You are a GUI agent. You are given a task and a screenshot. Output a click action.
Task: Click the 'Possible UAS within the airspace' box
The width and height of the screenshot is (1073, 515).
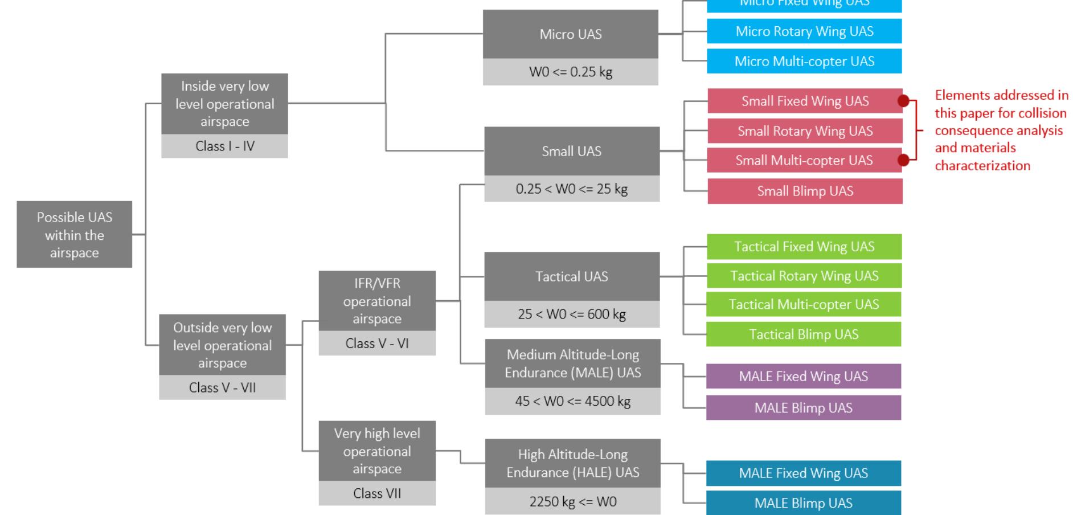pos(74,234)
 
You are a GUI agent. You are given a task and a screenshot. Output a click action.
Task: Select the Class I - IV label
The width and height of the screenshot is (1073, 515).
pos(224,146)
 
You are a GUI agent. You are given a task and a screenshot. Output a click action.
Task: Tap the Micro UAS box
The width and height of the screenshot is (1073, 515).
pos(570,34)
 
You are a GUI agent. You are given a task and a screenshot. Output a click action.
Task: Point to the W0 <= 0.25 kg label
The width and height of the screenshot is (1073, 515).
pos(570,72)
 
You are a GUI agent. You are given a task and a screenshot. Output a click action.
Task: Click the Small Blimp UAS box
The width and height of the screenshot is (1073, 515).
pos(805,191)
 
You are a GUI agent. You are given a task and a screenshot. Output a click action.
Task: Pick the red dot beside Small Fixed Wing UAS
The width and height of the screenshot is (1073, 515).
pos(903,101)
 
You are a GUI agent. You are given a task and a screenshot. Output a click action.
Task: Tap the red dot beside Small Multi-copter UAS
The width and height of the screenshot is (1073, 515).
pos(903,161)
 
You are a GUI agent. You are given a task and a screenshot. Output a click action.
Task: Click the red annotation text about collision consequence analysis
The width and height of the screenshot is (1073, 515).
pos(1001,130)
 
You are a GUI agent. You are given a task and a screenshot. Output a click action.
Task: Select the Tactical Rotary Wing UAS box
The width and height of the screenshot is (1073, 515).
pos(804,276)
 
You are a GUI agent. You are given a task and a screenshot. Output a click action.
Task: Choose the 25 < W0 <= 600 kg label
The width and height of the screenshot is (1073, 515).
pos(572,314)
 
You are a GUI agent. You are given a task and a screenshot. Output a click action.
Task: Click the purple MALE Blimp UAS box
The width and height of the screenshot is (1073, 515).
pos(803,408)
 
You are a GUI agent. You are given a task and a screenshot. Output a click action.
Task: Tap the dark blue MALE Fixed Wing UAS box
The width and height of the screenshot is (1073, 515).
pos(803,473)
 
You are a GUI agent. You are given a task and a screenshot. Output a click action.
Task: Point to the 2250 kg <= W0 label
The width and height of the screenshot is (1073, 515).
pos(572,502)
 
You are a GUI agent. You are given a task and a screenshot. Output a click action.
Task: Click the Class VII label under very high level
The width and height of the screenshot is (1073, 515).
pos(377,493)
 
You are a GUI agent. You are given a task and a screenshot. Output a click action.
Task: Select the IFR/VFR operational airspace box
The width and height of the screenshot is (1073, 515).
pos(377,301)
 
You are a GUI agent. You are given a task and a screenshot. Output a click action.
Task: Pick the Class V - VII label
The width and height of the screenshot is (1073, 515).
pos(222,388)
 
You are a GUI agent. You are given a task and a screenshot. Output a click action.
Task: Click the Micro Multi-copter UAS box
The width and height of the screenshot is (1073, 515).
pos(804,62)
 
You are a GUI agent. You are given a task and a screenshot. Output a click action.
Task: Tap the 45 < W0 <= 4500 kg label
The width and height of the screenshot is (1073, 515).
pos(572,402)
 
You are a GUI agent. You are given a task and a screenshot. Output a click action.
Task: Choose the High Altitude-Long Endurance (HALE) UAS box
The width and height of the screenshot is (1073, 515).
pos(572,463)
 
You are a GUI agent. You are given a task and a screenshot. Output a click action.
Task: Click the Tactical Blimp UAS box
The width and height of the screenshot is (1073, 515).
pos(803,334)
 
